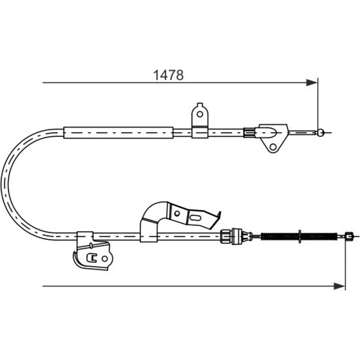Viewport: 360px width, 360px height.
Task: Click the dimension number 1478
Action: pyautogui.click(x=168, y=75)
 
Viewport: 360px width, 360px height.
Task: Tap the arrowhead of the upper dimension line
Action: pyautogui.click(x=312, y=82)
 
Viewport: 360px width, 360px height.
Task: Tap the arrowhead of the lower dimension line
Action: pyautogui.click(x=339, y=286)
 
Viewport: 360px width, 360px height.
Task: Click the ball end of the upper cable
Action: pyautogui.click(x=321, y=132)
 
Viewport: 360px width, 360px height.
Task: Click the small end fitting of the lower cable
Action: pyautogui.click(x=349, y=236)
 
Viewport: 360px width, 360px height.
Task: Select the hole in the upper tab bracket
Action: pyautogui.click(x=200, y=114)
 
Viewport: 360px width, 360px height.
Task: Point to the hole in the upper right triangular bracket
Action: pyautogui.click(x=273, y=147)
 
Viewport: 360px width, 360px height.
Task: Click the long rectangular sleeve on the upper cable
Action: pyautogui.click(x=118, y=133)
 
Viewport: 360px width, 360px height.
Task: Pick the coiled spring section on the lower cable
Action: pyautogui.click(x=299, y=236)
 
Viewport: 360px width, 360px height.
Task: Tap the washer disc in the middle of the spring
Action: pyautogui.click(x=300, y=236)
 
